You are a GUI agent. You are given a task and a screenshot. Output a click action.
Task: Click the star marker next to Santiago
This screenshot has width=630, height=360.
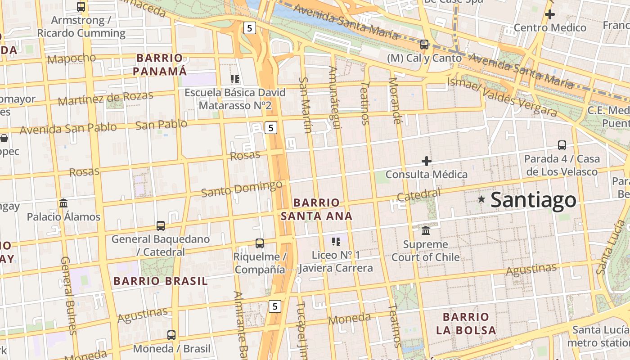coord(481,199)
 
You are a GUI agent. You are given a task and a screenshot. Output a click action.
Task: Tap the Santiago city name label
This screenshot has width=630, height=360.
coord(533,200)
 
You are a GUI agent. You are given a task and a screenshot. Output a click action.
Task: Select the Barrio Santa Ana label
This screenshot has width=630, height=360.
coord(316,209)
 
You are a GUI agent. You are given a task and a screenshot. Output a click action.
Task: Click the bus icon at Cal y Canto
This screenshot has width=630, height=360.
coord(424,44)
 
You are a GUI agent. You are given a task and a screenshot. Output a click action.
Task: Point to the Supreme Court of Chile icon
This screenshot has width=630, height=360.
coord(426,231)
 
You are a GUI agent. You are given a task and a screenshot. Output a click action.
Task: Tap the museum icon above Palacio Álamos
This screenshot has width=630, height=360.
coord(63,203)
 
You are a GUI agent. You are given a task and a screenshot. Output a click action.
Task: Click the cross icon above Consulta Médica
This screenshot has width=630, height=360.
coord(426,161)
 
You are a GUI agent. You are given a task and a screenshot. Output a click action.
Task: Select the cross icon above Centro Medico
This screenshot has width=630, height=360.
coord(549,14)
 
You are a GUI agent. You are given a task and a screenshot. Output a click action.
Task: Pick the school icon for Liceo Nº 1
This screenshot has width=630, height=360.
coord(336,242)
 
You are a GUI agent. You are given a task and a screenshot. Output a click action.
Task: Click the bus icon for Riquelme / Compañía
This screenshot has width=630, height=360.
coord(260,243)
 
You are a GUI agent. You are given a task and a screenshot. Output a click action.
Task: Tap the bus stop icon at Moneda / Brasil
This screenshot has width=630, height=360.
coord(171,335)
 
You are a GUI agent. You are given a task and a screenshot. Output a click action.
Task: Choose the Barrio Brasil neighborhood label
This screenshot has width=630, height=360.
coord(160,281)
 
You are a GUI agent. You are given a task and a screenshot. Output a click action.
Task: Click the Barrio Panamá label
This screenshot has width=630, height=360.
coord(160,64)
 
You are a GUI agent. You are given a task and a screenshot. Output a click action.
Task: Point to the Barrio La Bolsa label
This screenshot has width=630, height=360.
coord(466,324)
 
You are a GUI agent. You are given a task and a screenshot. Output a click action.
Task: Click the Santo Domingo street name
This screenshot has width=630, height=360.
coord(242,189)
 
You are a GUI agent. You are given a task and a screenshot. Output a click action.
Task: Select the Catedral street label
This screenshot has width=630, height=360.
coord(418,195)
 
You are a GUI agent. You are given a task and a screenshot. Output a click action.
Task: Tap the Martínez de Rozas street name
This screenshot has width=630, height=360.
coord(105,98)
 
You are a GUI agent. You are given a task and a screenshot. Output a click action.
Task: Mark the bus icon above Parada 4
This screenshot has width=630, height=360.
coord(562,145)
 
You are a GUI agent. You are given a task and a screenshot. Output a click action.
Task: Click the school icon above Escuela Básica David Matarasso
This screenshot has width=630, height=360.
coord(234,79)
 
